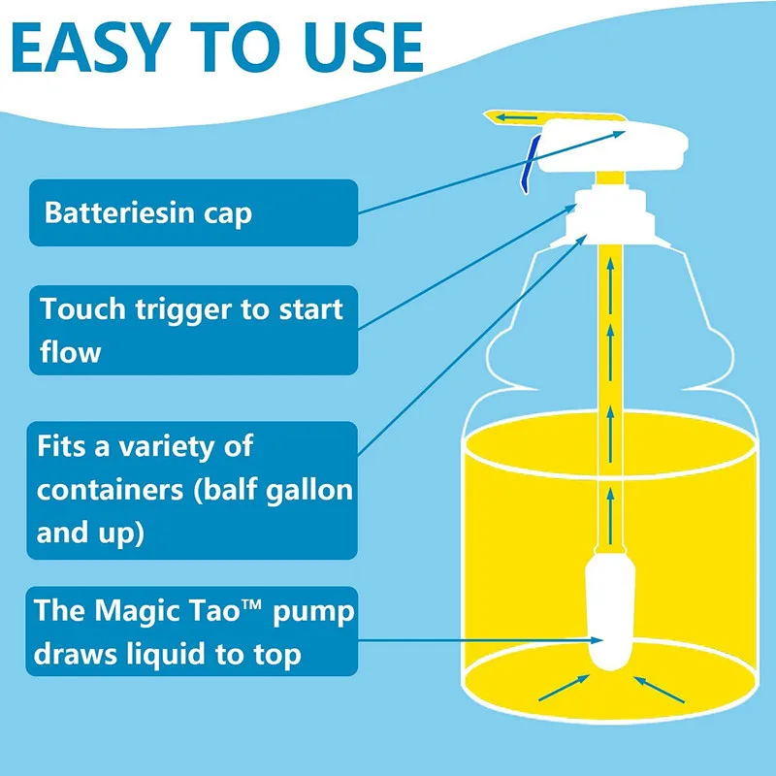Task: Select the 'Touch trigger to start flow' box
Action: click(x=192, y=330)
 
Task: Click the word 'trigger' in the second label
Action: click(x=205, y=310)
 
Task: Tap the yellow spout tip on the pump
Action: click(x=497, y=117)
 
